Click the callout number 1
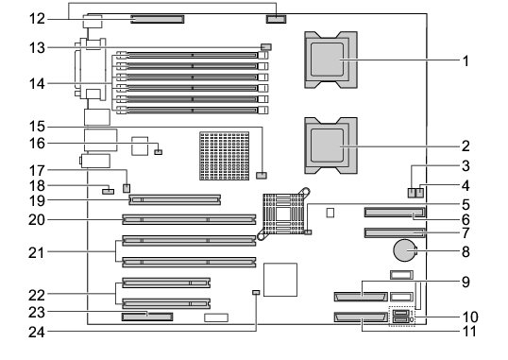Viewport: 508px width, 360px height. pos(466,60)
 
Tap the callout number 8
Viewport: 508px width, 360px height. pos(466,251)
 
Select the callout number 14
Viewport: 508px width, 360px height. pos(37,84)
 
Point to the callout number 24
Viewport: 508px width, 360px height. pos(37,332)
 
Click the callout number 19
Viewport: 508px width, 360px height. pos(37,200)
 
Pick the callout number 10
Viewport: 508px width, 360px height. pos(470,317)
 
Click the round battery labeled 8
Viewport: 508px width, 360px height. pos(404,250)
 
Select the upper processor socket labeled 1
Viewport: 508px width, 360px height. pos(330,60)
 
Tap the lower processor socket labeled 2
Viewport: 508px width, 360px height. pos(330,146)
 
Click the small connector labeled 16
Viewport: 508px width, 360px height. pos(158,152)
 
